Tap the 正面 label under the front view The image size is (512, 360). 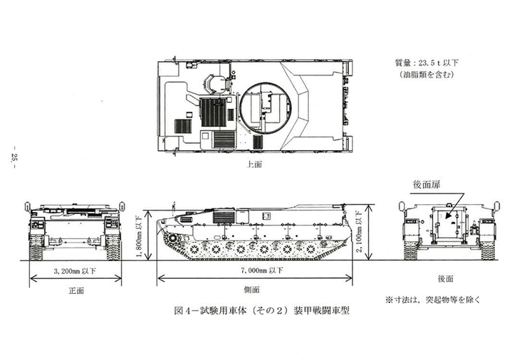75,290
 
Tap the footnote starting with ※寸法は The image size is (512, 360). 434,300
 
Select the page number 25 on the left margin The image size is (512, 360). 14,159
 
